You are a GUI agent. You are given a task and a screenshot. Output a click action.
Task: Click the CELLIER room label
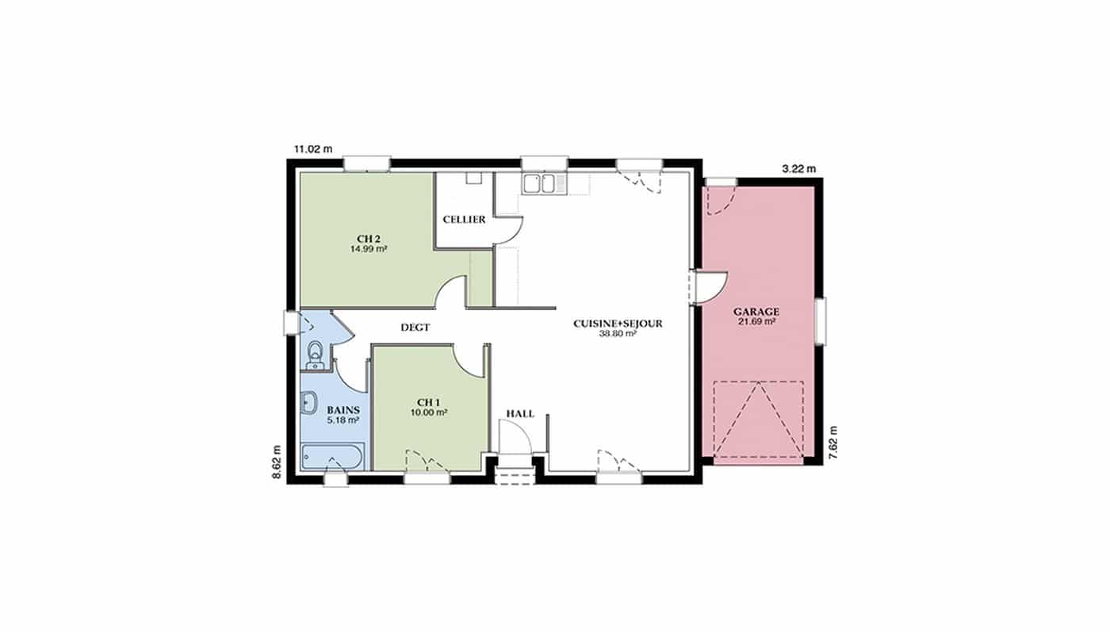(x=464, y=220)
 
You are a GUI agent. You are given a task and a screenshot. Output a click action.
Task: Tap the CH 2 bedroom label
(x=369, y=240)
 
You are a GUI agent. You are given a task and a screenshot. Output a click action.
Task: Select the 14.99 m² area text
(x=369, y=249)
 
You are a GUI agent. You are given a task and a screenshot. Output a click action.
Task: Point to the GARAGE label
(x=756, y=312)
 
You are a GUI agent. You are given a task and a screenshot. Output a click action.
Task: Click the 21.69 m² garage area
(x=756, y=321)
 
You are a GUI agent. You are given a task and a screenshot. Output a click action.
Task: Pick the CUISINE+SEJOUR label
(x=618, y=324)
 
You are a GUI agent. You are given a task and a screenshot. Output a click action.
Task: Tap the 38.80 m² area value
(x=618, y=334)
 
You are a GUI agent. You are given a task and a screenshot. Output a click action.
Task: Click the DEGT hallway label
(x=415, y=328)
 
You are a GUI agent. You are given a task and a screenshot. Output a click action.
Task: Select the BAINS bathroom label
(x=343, y=410)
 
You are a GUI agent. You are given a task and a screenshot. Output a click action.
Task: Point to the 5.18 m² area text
(x=343, y=420)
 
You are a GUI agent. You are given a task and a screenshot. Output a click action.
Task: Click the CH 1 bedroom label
(x=429, y=402)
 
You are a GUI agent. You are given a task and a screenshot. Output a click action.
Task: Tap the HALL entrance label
(x=520, y=414)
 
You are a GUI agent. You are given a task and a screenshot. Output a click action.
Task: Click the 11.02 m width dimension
(x=313, y=148)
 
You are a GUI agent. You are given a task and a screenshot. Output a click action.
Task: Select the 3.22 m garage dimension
(x=799, y=168)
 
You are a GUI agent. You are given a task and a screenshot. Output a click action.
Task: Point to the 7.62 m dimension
(x=833, y=443)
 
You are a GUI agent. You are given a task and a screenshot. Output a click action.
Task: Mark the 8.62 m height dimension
(x=277, y=462)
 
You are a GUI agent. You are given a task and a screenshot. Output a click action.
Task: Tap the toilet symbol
(x=315, y=355)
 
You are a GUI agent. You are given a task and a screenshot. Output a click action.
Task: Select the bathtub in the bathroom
(x=332, y=456)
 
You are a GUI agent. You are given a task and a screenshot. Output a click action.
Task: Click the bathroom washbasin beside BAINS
(x=308, y=403)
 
